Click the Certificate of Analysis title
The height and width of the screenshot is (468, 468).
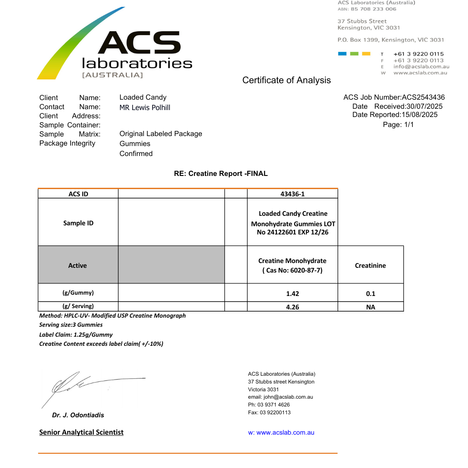coord(286,80)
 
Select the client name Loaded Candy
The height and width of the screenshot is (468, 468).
coord(143,97)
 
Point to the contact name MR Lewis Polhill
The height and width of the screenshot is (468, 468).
coord(145,107)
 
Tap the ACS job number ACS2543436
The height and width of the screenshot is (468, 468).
coord(423,97)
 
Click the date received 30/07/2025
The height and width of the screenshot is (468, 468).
coord(424,107)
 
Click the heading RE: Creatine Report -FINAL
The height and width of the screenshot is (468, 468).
coord(221,174)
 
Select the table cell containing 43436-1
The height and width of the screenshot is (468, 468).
coord(292,194)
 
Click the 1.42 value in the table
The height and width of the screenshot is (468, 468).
coord(292,294)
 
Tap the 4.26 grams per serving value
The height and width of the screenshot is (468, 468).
coord(292,307)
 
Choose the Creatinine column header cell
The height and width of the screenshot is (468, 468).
coord(370,266)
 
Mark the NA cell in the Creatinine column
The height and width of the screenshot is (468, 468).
coord(370,307)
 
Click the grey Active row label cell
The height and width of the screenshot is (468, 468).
coord(78,266)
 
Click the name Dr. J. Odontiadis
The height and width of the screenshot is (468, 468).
coord(78,415)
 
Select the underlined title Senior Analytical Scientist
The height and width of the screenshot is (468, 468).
coord(81,432)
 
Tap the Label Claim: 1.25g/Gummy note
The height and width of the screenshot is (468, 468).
coord(76,335)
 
